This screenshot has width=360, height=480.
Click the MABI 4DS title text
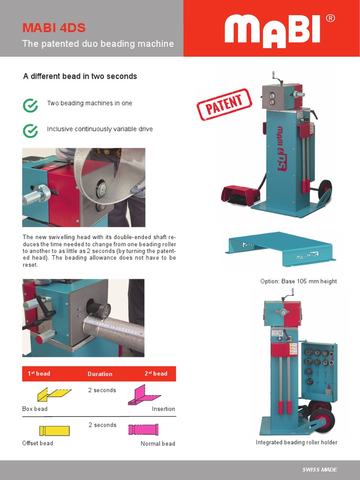click(54, 28)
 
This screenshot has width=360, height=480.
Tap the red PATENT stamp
click(224, 105)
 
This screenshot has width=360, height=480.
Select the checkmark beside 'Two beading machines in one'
click(30, 105)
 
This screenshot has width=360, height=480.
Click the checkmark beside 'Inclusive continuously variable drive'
click(30, 131)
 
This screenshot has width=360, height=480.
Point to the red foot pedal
click(240, 193)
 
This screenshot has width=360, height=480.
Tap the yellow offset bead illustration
click(54, 430)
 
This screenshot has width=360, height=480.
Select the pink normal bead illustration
click(143, 429)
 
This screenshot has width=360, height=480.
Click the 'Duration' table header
click(100, 374)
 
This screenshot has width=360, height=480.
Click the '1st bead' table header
click(38, 374)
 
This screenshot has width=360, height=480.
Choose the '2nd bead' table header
click(156, 374)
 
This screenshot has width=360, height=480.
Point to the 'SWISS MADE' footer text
click(319, 470)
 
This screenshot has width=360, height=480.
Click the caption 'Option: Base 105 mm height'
click(298, 281)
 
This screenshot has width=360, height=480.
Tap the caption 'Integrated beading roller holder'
click(296, 442)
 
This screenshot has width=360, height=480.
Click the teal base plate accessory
click(281, 248)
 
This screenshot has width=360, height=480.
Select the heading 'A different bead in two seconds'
click(80, 76)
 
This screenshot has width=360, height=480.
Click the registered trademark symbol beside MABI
click(330, 18)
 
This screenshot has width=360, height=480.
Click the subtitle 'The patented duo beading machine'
click(98, 44)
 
